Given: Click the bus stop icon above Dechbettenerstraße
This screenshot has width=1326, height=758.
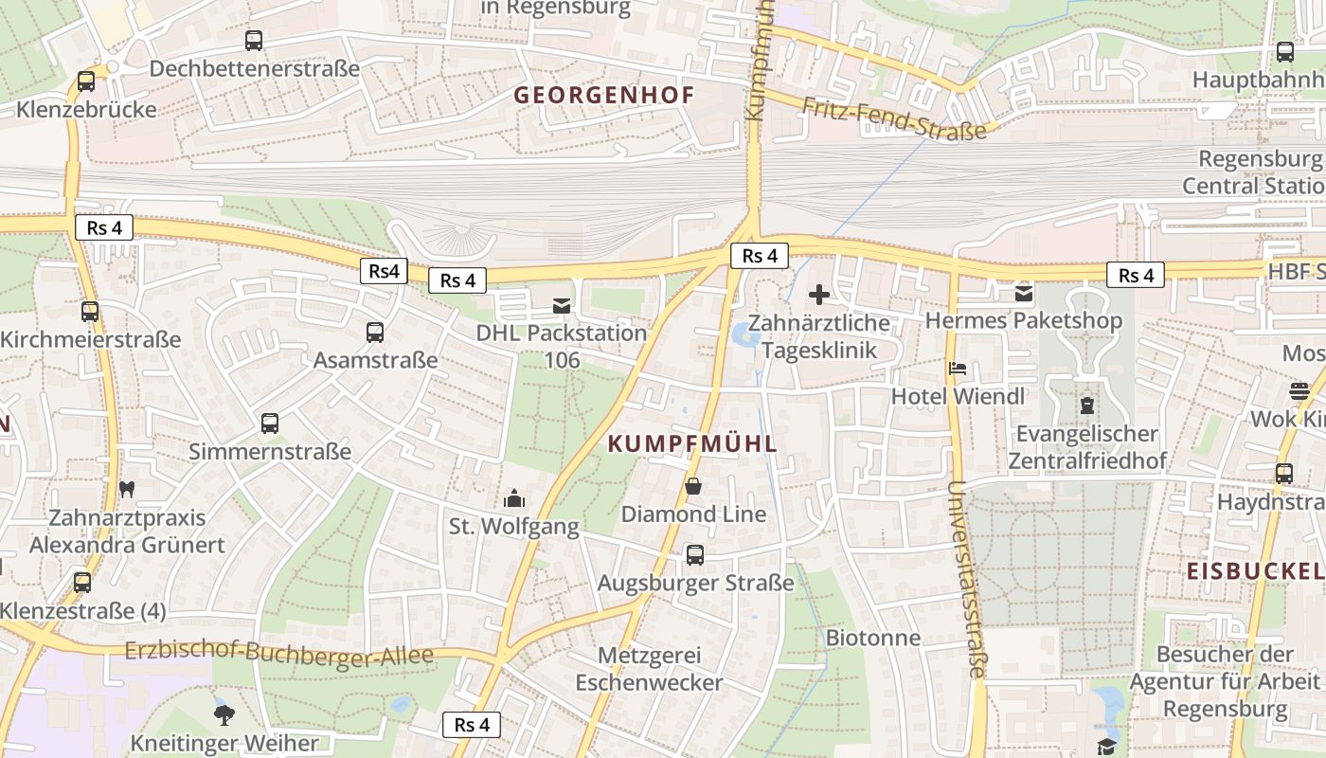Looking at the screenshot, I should (254, 41).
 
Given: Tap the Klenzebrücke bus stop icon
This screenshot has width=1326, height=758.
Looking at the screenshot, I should (86, 81).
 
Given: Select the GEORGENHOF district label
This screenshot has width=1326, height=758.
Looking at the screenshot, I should (604, 95).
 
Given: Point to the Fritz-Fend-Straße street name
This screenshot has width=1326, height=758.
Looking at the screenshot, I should (894, 118).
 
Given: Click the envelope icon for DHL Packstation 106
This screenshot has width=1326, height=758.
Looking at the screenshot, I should (563, 305).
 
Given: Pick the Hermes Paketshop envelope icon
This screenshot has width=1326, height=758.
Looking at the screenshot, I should (1024, 294).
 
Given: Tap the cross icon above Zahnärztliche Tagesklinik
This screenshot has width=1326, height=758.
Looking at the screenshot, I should (819, 295).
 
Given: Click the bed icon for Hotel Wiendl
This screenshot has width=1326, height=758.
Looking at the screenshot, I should (958, 368).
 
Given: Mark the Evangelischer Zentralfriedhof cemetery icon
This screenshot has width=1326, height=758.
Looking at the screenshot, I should (1086, 406).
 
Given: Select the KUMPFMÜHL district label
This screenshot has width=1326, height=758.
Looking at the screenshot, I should (692, 443).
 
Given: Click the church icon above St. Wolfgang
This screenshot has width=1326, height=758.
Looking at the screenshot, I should (514, 497).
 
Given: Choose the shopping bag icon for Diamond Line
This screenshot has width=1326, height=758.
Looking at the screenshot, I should (693, 487).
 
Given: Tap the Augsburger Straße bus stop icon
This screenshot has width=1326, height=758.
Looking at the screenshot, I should (695, 555).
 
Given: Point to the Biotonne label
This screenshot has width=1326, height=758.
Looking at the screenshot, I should (873, 637).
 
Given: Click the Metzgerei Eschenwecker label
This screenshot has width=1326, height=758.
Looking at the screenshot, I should (649, 668).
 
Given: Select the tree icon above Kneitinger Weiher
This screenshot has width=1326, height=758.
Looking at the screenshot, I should (224, 713).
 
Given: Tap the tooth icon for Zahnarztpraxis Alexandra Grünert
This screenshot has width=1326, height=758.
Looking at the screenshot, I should (127, 490).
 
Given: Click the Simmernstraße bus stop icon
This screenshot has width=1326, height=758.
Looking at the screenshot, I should (270, 424).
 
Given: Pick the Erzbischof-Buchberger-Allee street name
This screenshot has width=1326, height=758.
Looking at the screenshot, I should (279, 653).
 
